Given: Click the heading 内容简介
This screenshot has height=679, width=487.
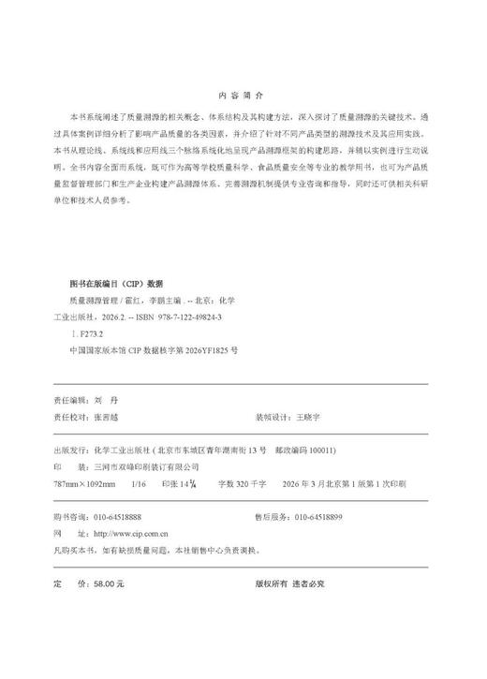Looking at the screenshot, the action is (242, 96).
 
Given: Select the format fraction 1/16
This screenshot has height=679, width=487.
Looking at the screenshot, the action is (140, 483).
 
